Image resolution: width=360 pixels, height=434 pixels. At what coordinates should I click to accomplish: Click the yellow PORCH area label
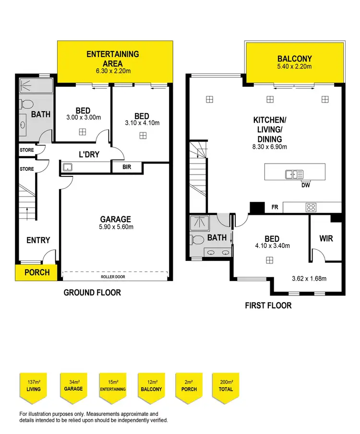[37, 272]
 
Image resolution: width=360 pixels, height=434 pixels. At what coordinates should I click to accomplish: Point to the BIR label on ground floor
[127, 167]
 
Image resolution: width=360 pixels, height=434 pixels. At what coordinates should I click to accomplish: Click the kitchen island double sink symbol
[294, 174]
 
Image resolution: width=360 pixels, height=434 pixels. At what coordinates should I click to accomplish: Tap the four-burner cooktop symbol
[311, 208]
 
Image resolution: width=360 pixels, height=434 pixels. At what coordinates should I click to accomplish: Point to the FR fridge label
[275, 208]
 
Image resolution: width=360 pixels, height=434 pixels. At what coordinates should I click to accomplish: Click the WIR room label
[326, 238]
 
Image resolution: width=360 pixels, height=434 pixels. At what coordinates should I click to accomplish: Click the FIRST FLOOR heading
[268, 305]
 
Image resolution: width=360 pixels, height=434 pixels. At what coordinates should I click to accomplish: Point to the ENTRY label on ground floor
[38, 240]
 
